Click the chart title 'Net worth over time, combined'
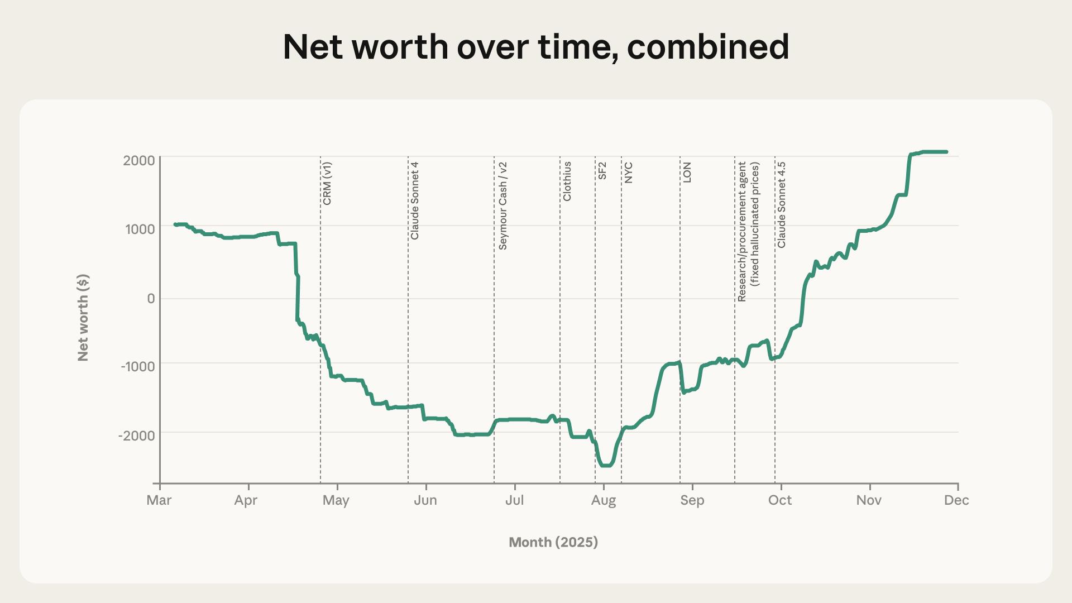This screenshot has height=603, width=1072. [536, 47]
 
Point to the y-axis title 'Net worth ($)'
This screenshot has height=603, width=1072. [83, 317]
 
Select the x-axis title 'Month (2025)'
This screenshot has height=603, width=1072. [553, 542]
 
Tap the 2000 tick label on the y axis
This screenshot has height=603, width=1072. [139, 161]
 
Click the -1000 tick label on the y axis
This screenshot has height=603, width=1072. [137, 367]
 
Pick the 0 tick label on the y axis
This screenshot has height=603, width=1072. [151, 299]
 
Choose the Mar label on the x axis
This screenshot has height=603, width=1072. [159, 500]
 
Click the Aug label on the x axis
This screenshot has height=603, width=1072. [604, 500]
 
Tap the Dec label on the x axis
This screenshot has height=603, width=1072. [956, 500]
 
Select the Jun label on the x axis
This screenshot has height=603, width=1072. [425, 500]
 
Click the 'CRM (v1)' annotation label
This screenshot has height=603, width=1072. [327, 184]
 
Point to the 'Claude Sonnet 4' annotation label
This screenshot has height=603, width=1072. [415, 201]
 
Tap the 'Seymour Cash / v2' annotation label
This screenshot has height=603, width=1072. [503, 206]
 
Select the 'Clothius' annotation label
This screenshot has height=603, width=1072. [567, 181]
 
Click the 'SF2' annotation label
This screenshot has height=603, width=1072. [602, 171]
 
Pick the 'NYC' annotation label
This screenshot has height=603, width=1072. [629, 173]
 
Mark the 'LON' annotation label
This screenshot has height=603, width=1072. [687, 173]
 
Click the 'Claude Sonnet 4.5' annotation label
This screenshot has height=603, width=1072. [782, 205]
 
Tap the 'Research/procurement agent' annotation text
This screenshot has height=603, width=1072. [742, 232]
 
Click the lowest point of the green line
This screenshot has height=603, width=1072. [606, 465]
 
